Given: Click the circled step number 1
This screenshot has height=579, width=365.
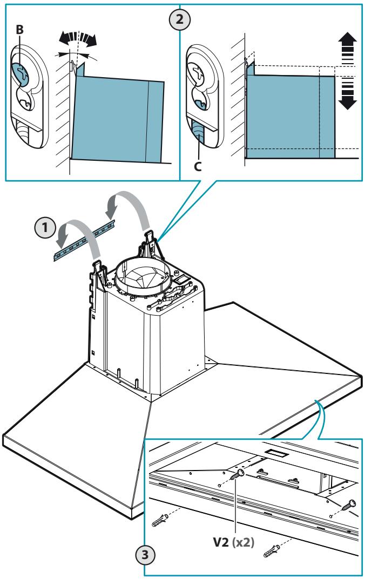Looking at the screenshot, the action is pyautogui.click(x=45, y=228).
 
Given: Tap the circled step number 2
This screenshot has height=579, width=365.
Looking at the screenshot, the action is pyautogui.click(x=180, y=19).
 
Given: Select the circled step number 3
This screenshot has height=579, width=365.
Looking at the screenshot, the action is pyautogui.click(x=145, y=554).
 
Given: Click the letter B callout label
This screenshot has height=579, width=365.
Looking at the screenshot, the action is pyautogui.click(x=20, y=30).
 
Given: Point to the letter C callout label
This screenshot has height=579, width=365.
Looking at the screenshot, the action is pyautogui.click(x=198, y=167).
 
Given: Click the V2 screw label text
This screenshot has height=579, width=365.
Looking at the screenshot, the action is pyautogui.click(x=221, y=542).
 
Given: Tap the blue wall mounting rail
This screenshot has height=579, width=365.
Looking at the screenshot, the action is pyautogui.click(x=85, y=241).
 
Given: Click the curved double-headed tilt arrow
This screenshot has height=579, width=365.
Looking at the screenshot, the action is pyautogui.click(x=78, y=38).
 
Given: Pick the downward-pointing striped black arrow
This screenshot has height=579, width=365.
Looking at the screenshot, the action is pyautogui.click(x=347, y=93).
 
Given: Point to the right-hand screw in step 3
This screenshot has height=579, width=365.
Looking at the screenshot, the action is pyautogui.click(x=349, y=505).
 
